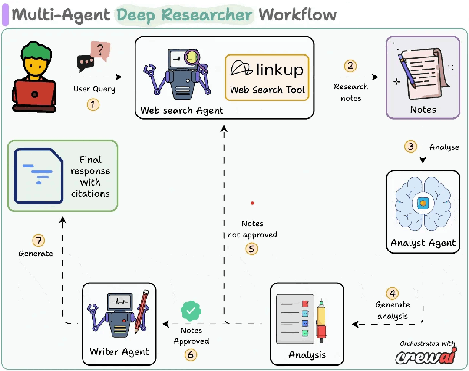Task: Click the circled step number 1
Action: pos(93,104)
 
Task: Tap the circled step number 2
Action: pos(350,66)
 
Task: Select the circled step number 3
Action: pos(410,147)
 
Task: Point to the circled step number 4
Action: pos(393,293)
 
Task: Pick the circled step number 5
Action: pos(251,249)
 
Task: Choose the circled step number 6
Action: pos(191,355)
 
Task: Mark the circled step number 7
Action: pos(39,241)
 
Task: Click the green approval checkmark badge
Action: pos(191,311)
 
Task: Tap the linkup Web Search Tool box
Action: pos(267,77)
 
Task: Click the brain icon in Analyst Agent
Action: pos(423,204)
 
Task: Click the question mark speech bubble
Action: pos(100,50)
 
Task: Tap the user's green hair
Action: pos(36,53)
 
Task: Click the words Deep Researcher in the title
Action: pos(184,15)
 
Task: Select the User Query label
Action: pos(94,89)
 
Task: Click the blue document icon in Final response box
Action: pos(39,176)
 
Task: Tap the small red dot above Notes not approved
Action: pos(252,203)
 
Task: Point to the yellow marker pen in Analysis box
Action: pos(321,321)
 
